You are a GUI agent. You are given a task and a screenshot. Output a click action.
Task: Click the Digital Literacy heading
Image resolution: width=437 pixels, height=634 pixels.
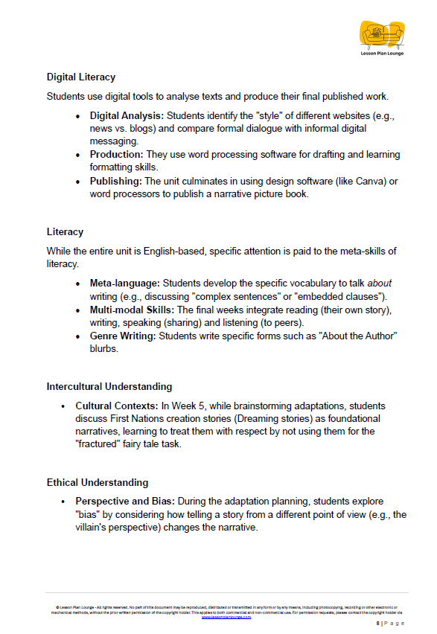tap(81, 77)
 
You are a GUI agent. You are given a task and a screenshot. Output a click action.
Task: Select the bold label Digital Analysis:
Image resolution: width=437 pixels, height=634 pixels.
tap(127, 116)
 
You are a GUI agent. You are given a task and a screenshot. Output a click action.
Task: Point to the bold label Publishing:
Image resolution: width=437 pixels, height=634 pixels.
tap(116, 181)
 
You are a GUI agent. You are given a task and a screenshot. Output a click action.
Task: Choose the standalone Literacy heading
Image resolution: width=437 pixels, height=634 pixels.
tap(65, 231)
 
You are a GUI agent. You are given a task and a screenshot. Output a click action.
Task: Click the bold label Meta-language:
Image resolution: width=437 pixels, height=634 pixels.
tap(125, 283)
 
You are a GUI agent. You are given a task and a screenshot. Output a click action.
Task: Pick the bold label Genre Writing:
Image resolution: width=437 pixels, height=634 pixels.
tap(124, 336)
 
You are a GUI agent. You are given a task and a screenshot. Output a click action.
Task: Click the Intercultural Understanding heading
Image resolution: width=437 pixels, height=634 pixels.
tap(109, 386)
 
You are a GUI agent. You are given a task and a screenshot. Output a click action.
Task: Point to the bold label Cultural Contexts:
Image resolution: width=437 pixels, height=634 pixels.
tap(115, 406)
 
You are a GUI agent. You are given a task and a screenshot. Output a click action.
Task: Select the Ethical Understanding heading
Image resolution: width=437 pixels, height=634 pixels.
tap(98, 482)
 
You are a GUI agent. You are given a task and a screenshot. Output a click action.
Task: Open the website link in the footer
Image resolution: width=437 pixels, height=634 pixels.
tap(226, 617)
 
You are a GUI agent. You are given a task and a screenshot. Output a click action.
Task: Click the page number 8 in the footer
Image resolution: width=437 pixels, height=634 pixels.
tap(378, 623)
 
